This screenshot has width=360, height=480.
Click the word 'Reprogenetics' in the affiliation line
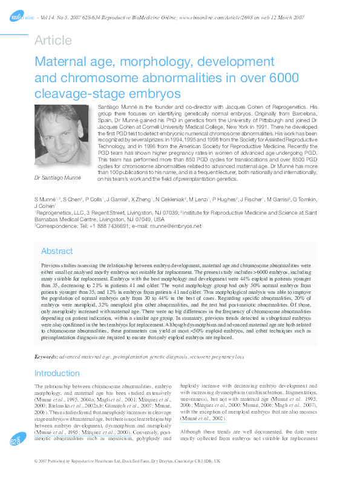tap(57, 213)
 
